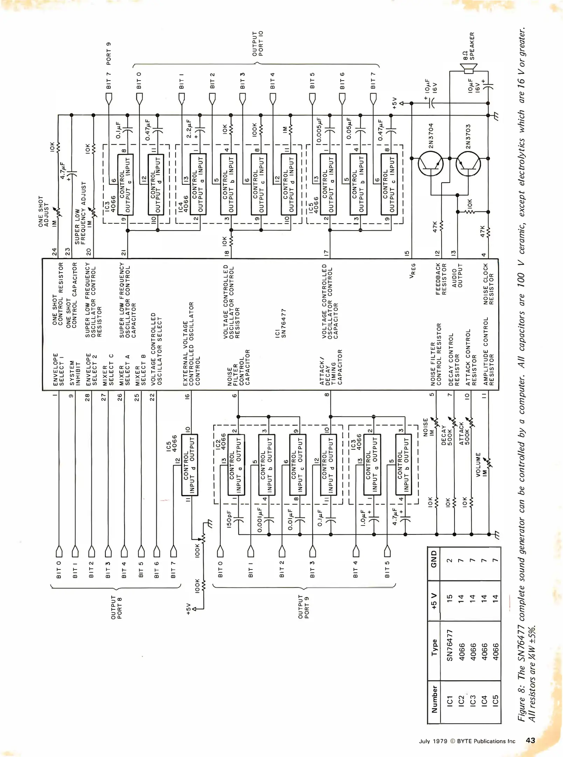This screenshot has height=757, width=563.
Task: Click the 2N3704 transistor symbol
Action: pos(431,164)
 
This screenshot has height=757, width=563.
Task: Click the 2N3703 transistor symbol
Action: pos(468,164)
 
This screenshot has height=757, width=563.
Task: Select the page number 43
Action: pos(530,740)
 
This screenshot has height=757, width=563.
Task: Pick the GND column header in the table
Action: pos(434,559)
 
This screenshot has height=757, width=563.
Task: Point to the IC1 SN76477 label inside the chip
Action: pos(280,323)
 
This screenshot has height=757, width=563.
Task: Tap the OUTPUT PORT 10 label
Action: pos(258,43)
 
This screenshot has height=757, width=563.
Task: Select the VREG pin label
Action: pos(413,271)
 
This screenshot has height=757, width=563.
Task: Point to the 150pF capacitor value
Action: pos(229,519)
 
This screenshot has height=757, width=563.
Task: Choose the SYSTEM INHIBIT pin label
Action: pos(75,373)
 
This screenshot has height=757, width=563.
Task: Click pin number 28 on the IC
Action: pos(87,397)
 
